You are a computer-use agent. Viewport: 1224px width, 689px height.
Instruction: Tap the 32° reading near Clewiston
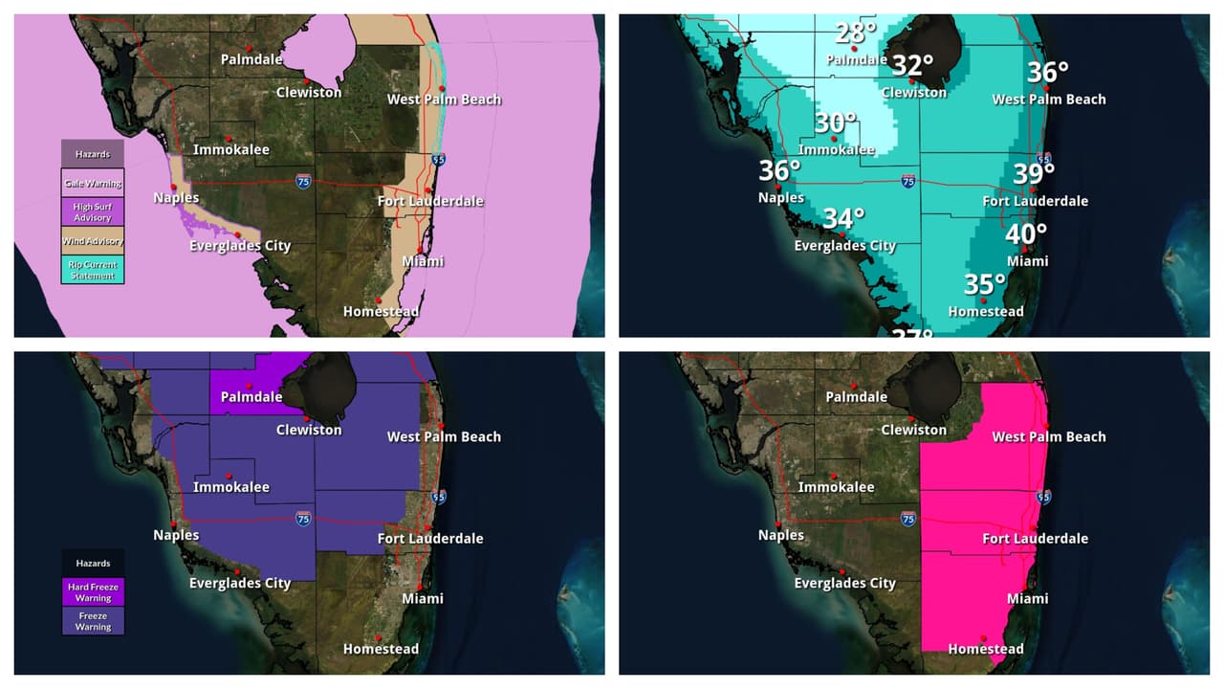[x=912, y=65]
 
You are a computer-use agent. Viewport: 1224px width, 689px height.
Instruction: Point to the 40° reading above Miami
[x=1026, y=233]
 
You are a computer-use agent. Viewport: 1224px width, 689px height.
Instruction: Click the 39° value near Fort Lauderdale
[x=1034, y=173]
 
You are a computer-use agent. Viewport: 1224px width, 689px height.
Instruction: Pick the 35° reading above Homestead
[x=985, y=285]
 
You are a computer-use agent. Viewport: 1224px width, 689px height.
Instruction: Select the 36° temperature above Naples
[x=779, y=171]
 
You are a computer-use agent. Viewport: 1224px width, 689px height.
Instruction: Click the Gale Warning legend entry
[x=93, y=183]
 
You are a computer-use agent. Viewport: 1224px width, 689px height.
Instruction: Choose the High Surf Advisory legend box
[x=93, y=211]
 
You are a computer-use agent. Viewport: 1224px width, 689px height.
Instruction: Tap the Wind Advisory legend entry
[x=93, y=241]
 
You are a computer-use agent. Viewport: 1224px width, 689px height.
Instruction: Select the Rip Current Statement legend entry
[x=93, y=270]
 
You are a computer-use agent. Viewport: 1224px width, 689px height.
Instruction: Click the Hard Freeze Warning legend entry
[x=93, y=591]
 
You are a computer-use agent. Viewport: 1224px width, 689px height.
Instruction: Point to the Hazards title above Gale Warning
[x=93, y=153]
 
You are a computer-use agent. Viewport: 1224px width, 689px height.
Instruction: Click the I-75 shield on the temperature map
[x=907, y=181]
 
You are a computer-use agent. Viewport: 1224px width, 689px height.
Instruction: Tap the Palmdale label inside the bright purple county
[x=251, y=397]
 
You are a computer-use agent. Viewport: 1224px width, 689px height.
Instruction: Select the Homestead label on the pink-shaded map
[x=985, y=649]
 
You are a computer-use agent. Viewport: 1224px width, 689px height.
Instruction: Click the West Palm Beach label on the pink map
[x=1048, y=436]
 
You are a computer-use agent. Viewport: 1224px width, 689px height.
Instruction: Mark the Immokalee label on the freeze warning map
[x=231, y=487]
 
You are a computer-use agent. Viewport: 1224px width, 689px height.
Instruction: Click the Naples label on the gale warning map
[x=176, y=198]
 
